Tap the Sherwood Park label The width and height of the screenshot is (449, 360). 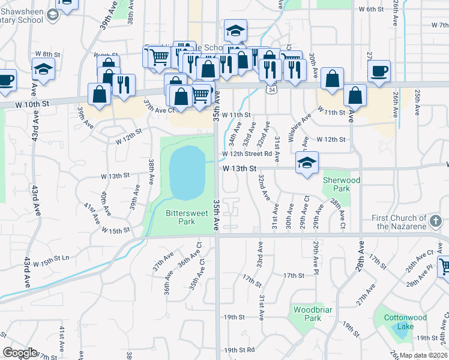coord(341,184)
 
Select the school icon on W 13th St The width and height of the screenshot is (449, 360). coord(307,162)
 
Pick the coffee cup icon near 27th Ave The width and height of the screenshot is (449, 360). coord(379,71)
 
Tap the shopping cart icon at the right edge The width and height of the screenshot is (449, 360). coord(444,266)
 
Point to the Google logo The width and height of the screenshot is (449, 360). coord(20,353)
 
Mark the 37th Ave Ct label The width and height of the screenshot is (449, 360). coord(158,110)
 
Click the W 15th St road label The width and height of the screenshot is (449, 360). coord(116,230)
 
